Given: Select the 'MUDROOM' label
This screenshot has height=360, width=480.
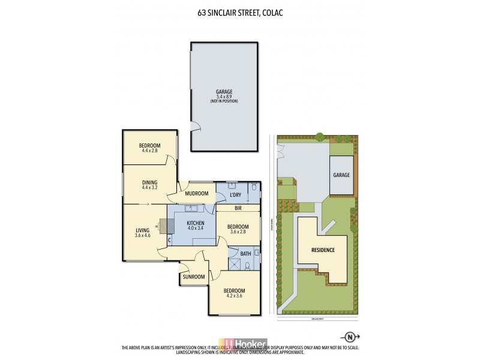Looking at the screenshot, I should point(196,193).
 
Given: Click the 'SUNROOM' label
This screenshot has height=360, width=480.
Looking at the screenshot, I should point(193,277).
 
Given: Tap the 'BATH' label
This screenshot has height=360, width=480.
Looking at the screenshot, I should point(245,254).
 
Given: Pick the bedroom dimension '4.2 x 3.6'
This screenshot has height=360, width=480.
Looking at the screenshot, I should point(235,295).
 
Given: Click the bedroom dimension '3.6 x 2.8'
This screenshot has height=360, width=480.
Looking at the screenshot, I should point(238,232).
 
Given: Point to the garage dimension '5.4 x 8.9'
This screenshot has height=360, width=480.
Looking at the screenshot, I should point(224,97).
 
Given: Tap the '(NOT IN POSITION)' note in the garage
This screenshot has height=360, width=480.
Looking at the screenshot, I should point(224,101).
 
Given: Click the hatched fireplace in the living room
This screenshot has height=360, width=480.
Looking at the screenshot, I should point(167,226).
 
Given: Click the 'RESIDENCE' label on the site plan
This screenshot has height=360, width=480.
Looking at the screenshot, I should point(322,249).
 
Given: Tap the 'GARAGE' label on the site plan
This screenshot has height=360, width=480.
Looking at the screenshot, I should point(341,175).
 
